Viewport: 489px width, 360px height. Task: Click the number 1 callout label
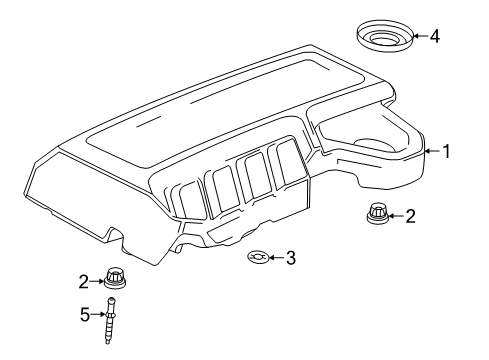click(x=447, y=152)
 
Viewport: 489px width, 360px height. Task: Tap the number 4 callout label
click(x=434, y=37)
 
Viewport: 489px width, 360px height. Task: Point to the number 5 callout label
click(x=85, y=314)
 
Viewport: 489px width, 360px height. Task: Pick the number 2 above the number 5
click(x=86, y=280)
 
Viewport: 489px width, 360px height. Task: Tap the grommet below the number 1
click(x=377, y=214)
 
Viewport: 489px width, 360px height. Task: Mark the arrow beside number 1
click(x=432, y=152)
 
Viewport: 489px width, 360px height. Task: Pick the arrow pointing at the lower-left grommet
click(x=99, y=281)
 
